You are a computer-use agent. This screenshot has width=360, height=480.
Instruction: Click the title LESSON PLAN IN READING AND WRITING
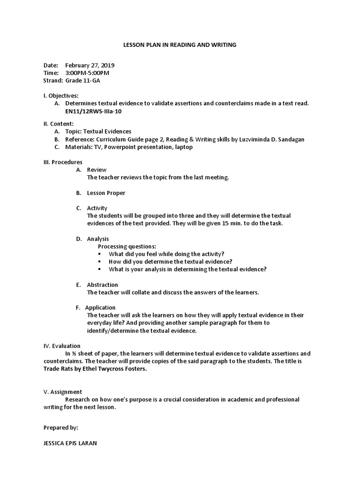(180, 45)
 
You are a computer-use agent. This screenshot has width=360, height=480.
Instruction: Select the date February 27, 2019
(90, 66)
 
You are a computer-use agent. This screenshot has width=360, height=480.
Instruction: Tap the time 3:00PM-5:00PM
(87, 73)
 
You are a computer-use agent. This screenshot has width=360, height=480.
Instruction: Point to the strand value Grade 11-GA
(82, 81)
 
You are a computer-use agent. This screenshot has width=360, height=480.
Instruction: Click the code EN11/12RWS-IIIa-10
(95, 112)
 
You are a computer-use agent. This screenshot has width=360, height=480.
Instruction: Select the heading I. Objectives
(61, 96)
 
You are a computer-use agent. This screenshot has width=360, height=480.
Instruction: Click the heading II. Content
(59, 124)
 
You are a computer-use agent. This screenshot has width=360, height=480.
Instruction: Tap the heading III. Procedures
(63, 162)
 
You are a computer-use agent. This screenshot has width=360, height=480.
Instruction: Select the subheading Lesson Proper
(106, 193)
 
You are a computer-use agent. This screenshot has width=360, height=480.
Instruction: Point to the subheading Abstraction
(102, 285)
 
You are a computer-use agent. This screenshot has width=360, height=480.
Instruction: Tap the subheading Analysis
(98, 239)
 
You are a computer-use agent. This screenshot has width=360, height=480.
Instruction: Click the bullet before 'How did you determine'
(100, 262)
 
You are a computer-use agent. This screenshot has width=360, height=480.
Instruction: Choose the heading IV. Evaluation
(62, 346)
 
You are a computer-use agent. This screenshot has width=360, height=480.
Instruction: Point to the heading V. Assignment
(63, 392)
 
